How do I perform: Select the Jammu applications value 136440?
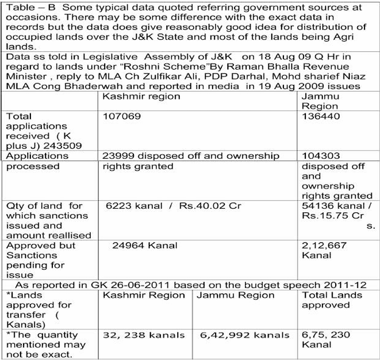320,116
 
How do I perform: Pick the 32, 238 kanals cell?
144,335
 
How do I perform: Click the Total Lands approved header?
332,300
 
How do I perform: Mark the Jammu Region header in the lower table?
235,295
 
